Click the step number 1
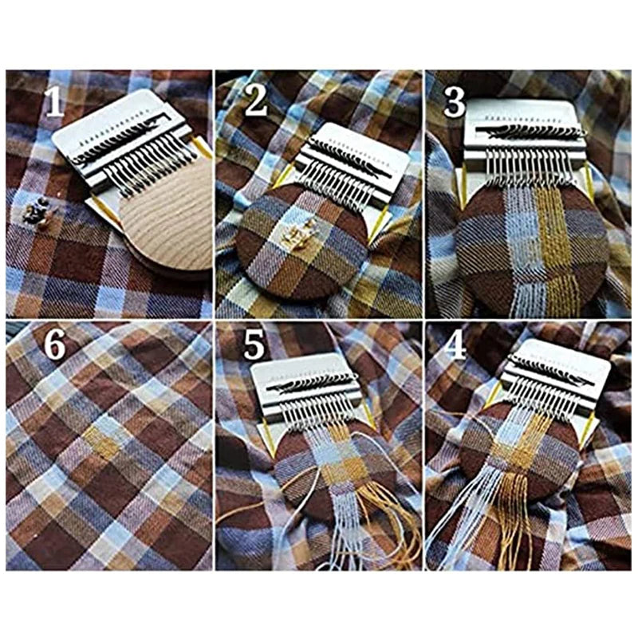click(x=53, y=101)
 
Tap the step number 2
click(x=256, y=101)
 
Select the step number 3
click(x=454, y=101)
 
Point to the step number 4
click(x=455, y=346)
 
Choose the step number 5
click(x=254, y=346)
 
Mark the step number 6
click(x=53, y=346)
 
